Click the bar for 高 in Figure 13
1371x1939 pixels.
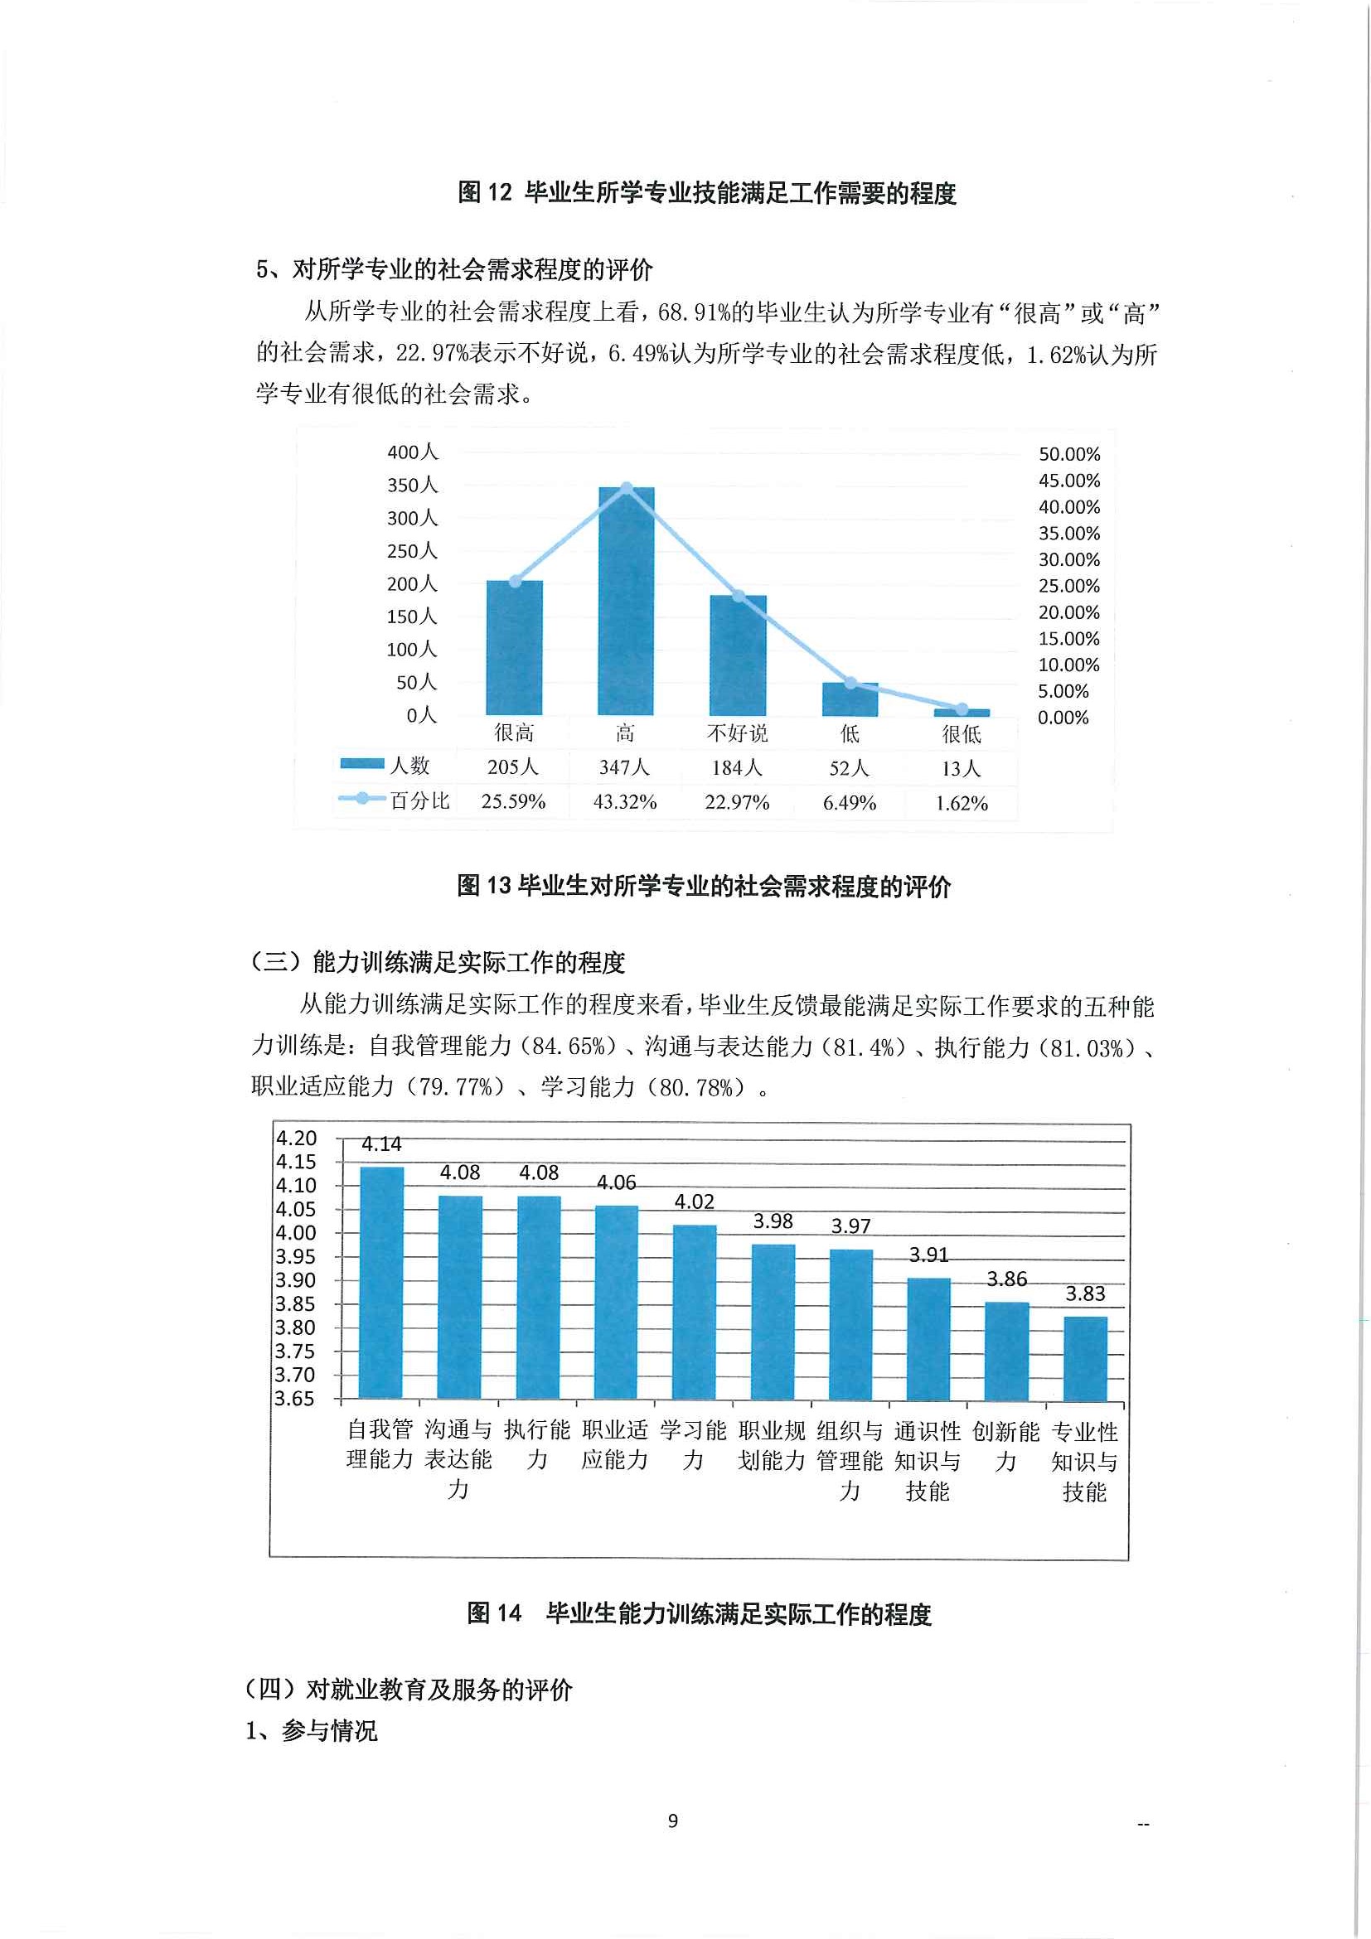(626, 602)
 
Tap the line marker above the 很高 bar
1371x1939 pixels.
(515, 582)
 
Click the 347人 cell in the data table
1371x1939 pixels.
(624, 767)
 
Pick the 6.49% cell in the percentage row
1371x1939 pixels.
(849, 803)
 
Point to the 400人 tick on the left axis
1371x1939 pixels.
(412, 452)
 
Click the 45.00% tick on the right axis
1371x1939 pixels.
(1068, 481)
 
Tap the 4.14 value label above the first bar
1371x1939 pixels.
(381, 1144)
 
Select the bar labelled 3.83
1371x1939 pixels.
(1085, 1359)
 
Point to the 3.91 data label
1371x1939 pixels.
(928, 1255)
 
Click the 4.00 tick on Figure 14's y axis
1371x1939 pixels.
(296, 1233)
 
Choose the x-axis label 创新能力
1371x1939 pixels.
(1006, 1446)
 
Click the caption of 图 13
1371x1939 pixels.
(704, 886)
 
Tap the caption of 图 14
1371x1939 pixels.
(699, 1614)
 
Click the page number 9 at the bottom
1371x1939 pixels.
(672, 1821)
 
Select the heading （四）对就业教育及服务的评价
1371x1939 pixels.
(408, 1689)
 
